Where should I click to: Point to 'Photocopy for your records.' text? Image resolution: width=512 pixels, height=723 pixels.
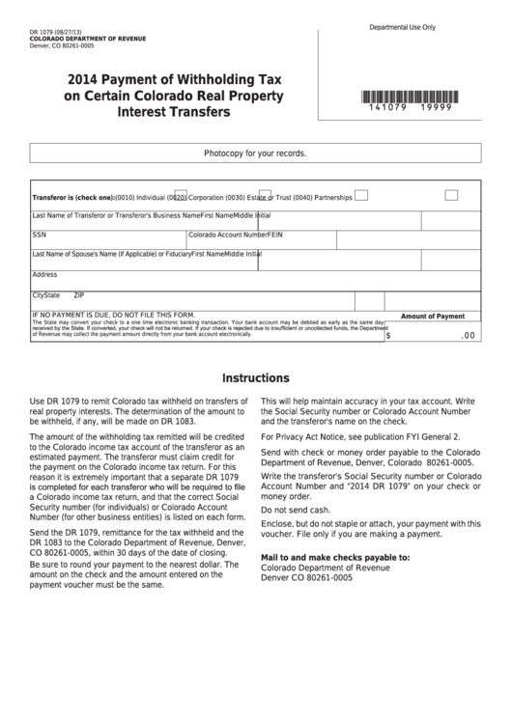point(255,153)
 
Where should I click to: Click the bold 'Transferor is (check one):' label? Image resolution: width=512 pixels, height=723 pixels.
point(73,197)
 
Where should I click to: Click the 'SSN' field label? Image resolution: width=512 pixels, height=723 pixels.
point(39,235)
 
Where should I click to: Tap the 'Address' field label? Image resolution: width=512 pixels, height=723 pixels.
point(44,274)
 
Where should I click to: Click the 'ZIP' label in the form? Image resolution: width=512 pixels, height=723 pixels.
point(79,294)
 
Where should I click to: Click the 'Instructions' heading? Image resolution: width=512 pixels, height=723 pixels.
point(256,377)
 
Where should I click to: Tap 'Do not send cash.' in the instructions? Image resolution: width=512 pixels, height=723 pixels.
point(296,510)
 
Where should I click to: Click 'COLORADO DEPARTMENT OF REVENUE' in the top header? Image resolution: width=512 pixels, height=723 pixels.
point(88,38)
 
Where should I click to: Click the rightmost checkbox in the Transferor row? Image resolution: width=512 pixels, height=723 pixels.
point(451,195)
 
